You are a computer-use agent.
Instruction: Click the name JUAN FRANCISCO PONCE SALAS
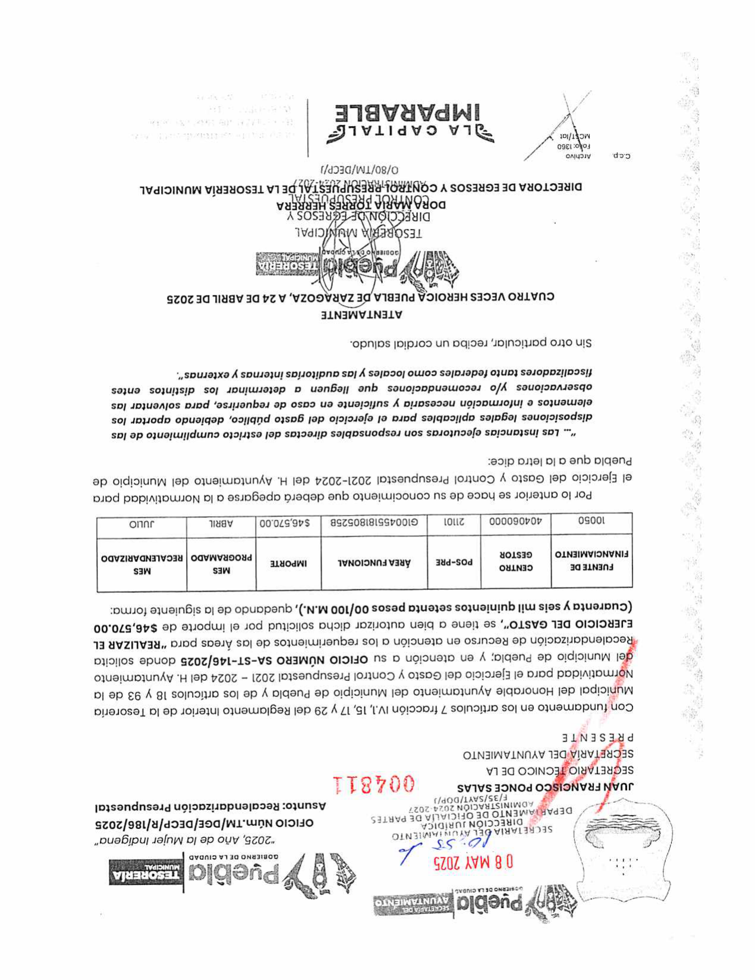(545, 786)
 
